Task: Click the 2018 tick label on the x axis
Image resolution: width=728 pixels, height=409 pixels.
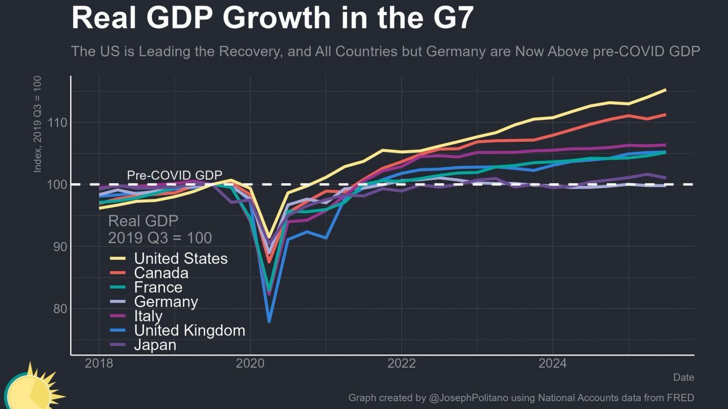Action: (x=99, y=364)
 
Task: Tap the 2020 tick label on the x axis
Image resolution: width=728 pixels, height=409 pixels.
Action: (x=250, y=364)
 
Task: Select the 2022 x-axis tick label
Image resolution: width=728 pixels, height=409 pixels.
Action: (x=401, y=364)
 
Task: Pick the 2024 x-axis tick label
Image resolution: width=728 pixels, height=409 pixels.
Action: (x=552, y=364)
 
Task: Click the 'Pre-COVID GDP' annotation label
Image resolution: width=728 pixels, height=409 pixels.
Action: (x=175, y=175)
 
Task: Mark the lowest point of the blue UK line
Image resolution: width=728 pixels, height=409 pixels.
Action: (x=269, y=321)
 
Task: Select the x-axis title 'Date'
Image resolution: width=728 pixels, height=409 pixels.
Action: (x=684, y=377)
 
